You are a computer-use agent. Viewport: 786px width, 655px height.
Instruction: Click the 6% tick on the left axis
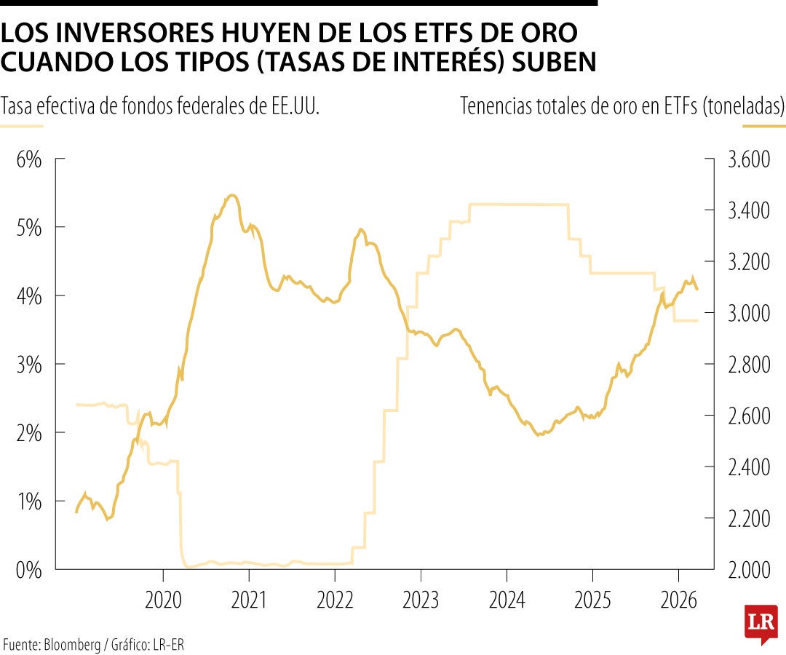[29, 159]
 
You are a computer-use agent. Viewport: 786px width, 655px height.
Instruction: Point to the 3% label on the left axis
[29, 365]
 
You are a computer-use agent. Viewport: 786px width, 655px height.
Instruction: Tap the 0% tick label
[29, 570]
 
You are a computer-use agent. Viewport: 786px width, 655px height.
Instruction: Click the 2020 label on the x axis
[163, 602]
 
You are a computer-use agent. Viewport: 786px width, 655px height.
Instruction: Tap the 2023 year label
[421, 602]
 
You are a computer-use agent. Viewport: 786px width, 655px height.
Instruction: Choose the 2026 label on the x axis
[678, 602]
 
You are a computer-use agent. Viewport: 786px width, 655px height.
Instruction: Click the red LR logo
[761, 623]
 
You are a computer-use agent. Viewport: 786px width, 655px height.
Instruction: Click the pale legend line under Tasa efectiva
[22, 126]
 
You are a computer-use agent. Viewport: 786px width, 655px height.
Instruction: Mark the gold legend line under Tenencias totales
[763, 126]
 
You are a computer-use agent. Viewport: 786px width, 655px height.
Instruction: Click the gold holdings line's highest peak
[231, 195]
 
